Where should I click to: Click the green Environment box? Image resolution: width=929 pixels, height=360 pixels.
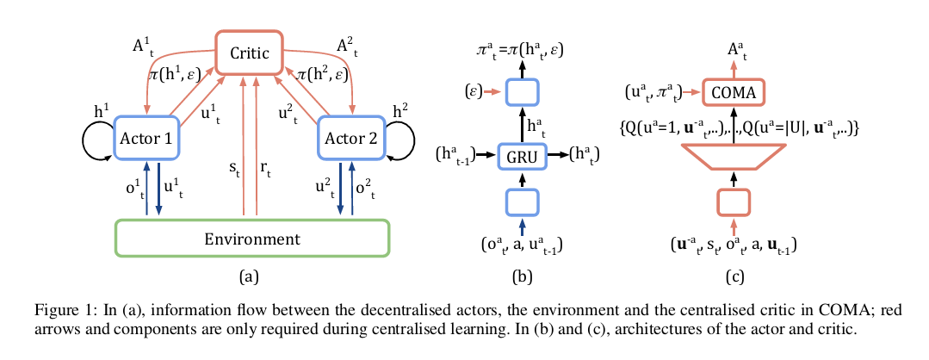tap(251, 238)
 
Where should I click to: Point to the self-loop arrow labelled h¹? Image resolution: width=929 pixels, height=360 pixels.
tap(95, 138)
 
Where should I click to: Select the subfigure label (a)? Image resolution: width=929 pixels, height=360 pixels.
tap(249, 276)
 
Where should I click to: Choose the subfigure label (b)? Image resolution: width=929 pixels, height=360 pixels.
tap(522, 276)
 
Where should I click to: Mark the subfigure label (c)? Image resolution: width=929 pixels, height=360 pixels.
tap(734, 276)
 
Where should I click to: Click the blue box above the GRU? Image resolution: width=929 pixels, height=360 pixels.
tap(523, 91)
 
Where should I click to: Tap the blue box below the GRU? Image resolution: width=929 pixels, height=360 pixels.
tap(523, 202)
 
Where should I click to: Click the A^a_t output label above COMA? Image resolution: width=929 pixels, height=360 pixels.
tap(734, 53)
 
